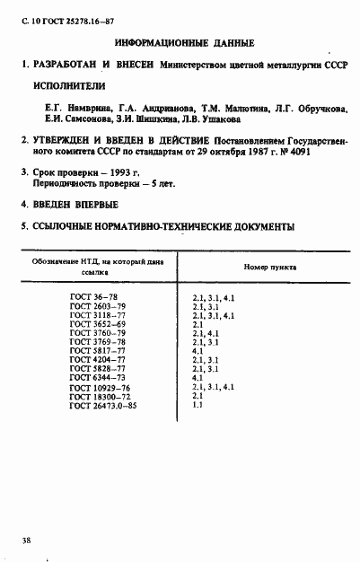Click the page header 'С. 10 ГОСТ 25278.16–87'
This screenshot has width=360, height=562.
62,18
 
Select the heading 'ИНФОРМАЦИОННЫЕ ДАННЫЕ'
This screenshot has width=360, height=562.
185,43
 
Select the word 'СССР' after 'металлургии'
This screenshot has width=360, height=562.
329,66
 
